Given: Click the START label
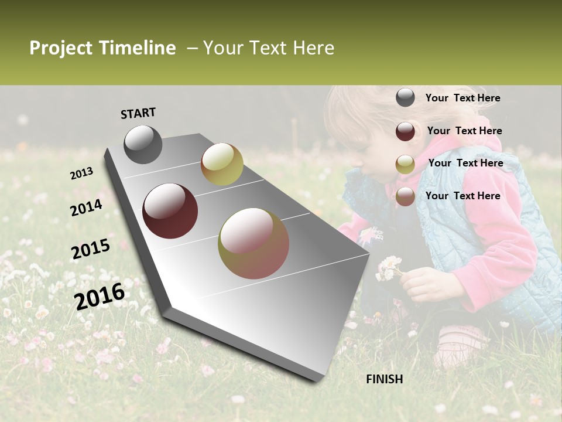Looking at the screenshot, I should coord(138,113).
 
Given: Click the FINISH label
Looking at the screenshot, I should coord(384,379).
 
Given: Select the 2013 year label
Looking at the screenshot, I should coord(82,173).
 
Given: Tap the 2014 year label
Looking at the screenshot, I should coord(86,207).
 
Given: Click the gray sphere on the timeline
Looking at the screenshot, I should coord(143,144).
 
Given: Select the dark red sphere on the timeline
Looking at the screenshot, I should coord(170,211).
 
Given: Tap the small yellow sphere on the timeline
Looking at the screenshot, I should coord(222,164).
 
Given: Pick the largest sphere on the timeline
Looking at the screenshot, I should coord(253,243).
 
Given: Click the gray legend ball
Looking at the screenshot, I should coord(405,98).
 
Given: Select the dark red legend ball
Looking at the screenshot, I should coord(405,131).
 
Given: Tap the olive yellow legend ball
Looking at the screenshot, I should coord(405,164).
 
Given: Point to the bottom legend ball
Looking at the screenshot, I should coord(405,196).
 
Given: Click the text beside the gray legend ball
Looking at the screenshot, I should coord(462,98).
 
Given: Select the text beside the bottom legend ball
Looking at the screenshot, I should coord(462,196).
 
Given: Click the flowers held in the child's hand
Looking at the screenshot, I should coord(389,268).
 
